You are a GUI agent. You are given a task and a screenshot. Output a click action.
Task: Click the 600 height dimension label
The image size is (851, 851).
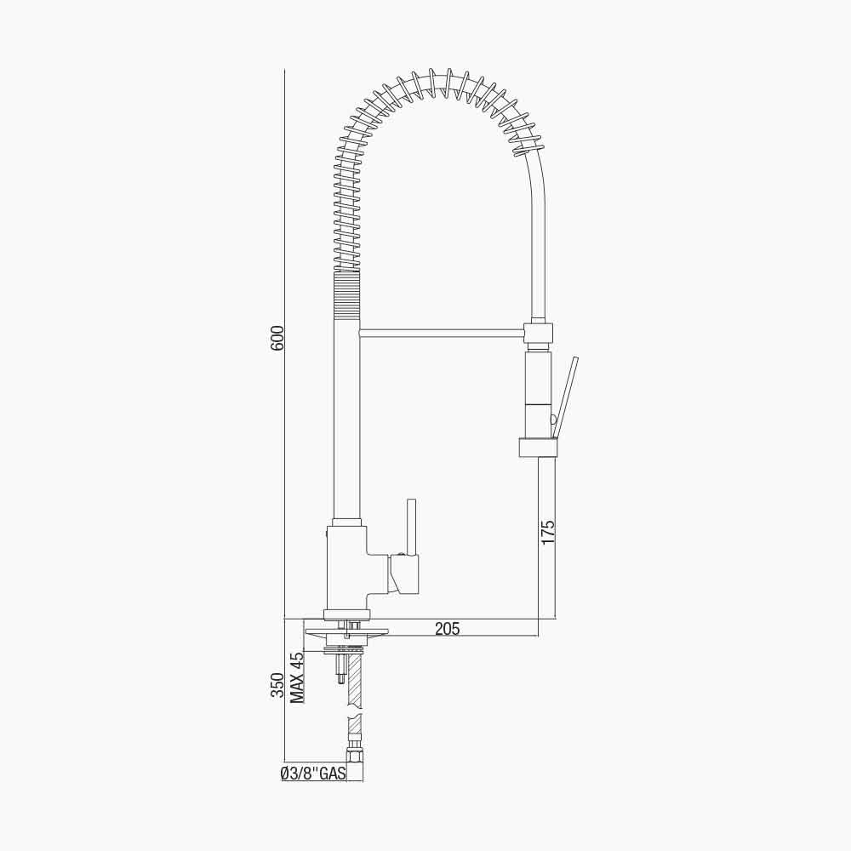point(277,338)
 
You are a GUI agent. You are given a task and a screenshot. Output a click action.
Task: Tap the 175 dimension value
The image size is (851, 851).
point(548,533)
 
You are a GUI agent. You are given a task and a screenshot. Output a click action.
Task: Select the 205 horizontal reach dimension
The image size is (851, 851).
point(448,629)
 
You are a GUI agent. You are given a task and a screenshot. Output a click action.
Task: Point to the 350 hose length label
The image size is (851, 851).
point(277,685)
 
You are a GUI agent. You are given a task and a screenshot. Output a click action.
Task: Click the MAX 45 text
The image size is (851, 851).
point(297,677)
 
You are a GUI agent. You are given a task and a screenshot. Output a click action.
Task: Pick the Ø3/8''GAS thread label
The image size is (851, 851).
point(314,774)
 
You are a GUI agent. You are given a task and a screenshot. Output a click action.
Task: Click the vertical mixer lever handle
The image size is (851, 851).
point(411,528)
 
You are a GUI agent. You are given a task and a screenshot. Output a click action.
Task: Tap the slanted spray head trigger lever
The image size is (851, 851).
point(564,397)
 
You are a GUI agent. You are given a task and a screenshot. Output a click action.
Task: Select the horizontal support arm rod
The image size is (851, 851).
point(442,333)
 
